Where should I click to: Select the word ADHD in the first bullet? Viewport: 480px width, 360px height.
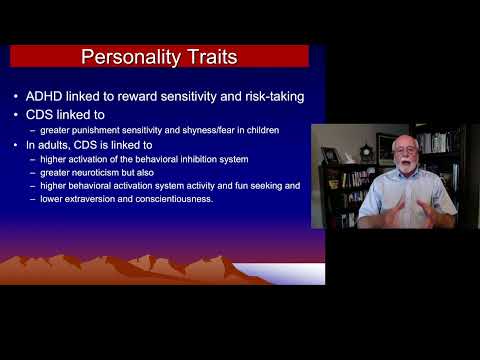[x=55, y=96]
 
